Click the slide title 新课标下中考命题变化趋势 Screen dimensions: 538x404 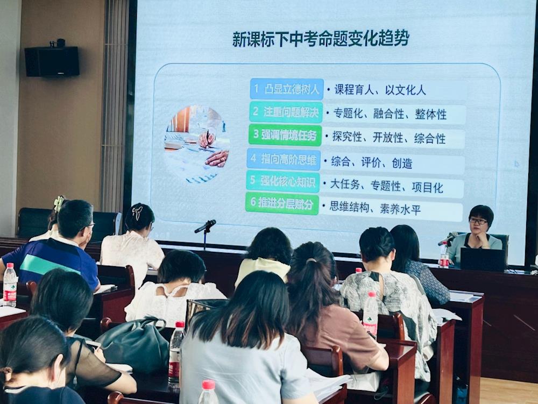[321, 38]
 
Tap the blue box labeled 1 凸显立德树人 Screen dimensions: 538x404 [287, 89]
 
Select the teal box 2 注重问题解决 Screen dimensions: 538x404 [286, 112]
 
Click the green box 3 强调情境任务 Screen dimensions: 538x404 [285, 135]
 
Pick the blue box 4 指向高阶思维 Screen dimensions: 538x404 [284, 159]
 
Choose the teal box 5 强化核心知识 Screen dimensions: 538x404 [283, 181]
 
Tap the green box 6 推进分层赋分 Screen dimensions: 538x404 [282, 203]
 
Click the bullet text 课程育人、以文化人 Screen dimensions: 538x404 [380, 90]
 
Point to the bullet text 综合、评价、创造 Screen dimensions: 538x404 [372, 162]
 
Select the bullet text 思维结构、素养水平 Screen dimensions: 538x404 [375, 208]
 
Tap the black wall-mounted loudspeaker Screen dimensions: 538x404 [52, 61]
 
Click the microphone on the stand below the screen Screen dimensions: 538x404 [205, 226]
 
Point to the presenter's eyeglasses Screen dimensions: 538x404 [478, 222]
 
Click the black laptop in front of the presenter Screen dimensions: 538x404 [482, 260]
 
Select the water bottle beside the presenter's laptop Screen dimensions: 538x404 [444, 255]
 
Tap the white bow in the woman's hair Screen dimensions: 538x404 [137, 212]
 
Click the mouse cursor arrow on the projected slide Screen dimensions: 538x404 [516, 164]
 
